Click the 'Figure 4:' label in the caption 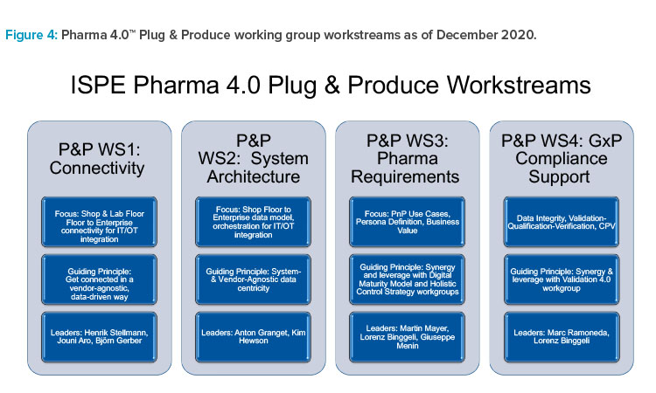click(31, 35)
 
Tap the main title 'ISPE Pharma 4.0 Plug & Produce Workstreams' click(331, 86)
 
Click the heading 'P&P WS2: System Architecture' click(254, 159)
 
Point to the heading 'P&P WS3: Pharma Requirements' click(407, 159)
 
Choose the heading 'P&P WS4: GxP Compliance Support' click(561, 159)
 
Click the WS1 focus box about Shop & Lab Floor click(99, 222)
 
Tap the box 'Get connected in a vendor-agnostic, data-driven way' click(99, 279)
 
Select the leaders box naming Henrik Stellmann click(99, 336)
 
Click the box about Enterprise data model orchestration click(253, 222)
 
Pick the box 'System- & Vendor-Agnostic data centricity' click(253, 279)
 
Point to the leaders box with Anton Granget click(253, 336)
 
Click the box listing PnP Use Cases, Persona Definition click(407, 222)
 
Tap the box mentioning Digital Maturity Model click(407, 279)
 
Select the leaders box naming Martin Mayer click(407, 336)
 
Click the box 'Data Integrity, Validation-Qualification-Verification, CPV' click(562, 222)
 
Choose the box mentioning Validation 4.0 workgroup click(562, 279)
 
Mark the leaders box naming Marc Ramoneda click(562, 336)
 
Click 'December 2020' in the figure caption click(485, 35)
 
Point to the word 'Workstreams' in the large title click(519, 86)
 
